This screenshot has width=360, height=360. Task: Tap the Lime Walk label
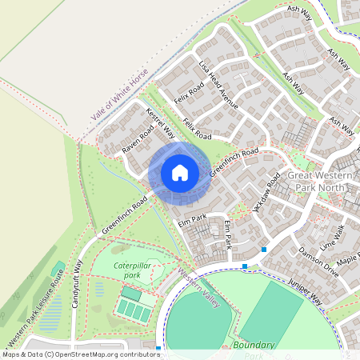(330, 235)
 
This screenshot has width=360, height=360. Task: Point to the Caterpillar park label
(131, 269)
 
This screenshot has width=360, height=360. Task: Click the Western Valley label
(198, 290)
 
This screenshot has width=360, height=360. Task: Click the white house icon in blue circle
(180, 172)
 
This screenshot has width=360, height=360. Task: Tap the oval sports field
(198, 323)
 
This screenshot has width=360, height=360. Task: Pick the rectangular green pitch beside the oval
(271, 313)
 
